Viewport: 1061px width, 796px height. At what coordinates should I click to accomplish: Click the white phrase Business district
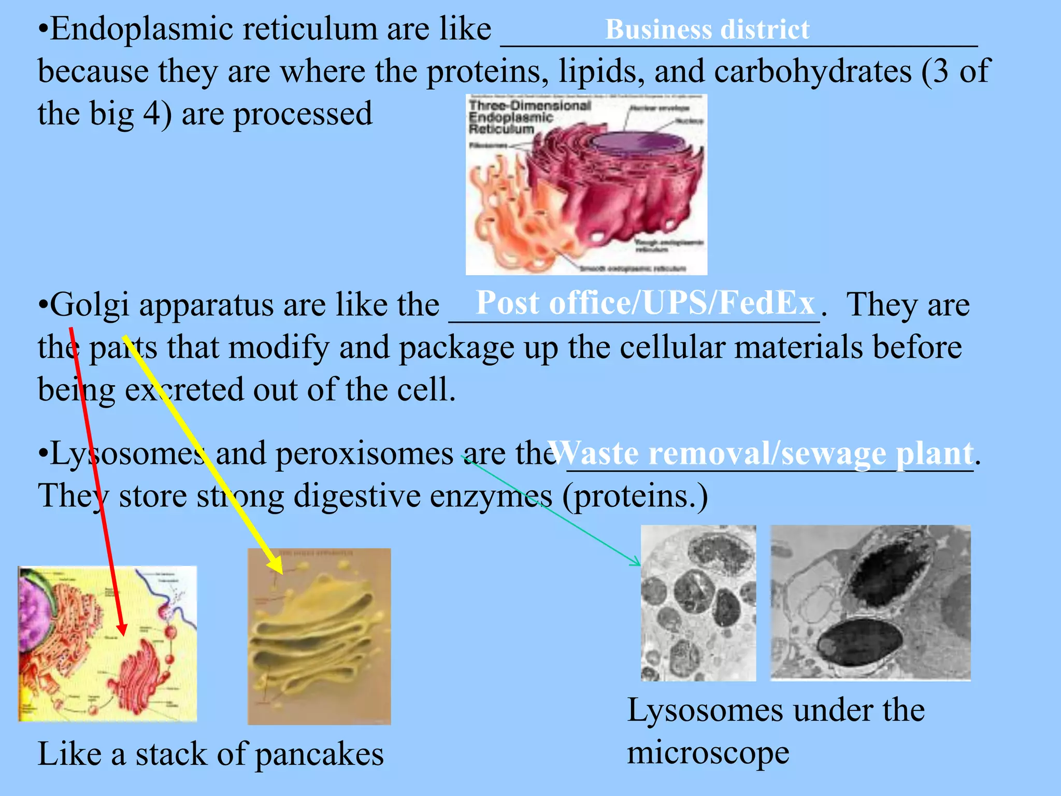[707, 30]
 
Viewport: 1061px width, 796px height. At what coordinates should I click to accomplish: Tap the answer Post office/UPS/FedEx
[644, 303]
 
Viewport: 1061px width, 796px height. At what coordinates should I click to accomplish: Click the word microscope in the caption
[708, 752]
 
